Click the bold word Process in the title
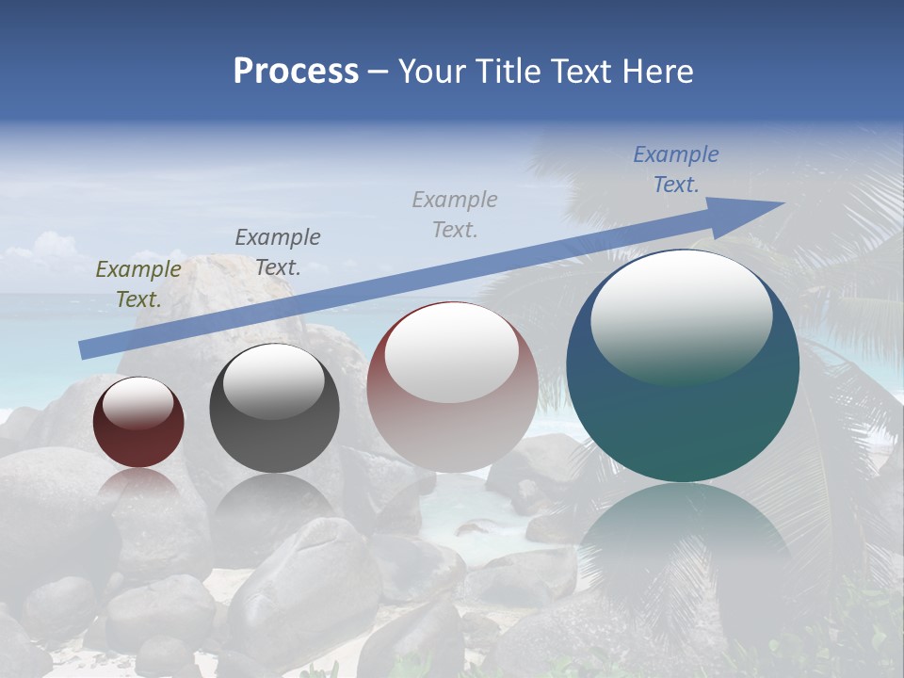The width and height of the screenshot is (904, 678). (296, 72)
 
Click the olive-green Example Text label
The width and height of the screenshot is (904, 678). (138, 284)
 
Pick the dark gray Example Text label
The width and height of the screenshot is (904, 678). (277, 251)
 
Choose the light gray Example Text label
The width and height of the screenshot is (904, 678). (455, 214)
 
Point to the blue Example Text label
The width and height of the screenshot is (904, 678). (675, 169)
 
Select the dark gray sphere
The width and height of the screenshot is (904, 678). (274, 438)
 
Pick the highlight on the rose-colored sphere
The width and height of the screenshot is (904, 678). (452, 353)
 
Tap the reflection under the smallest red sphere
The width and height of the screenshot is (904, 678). (138, 490)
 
